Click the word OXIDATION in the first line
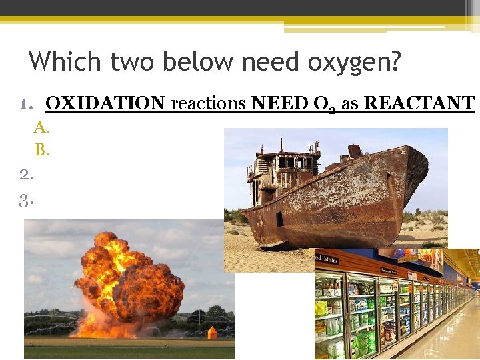105,103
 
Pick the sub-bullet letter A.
41,127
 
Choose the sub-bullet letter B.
41,150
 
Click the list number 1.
27,104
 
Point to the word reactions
207,103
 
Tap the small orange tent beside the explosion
213,332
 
